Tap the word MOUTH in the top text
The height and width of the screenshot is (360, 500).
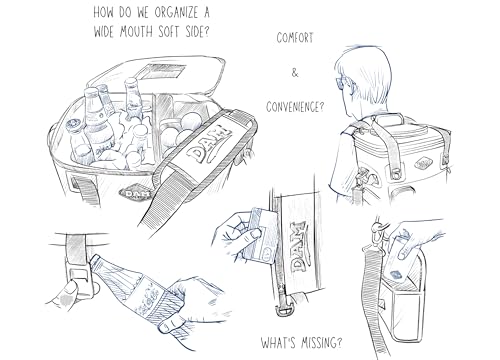[x=136, y=32]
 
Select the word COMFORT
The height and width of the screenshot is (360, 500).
[x=295, y=38]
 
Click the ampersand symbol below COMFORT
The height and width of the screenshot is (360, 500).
[x=295, y=73]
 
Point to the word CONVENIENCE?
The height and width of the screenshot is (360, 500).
[x=295, y=107]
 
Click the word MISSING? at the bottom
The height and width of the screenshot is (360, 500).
[x=322, y=342]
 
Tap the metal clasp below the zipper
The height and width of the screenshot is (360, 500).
[x=284, y=308]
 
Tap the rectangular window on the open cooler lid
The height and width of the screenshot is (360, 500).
[x=162, y=72]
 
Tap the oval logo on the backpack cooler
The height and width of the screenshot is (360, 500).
[x=423, y=163]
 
